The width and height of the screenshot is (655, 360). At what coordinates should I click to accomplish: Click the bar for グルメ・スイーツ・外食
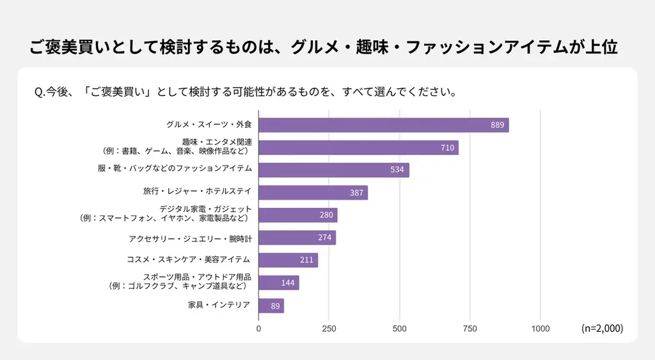[x=383, y=125]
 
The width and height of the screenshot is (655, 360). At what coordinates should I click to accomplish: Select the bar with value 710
[x=358, y=148]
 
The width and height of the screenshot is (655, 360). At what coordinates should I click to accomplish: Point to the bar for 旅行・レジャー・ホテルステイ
[x=313, y=192]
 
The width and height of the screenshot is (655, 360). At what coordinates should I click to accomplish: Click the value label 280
[x=326, y=215]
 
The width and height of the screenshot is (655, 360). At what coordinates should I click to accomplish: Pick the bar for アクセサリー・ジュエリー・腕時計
[x=297, y=238]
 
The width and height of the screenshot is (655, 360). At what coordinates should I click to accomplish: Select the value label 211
[x=306, y=260]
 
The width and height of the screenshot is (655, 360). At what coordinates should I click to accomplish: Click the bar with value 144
[x=278, y=283]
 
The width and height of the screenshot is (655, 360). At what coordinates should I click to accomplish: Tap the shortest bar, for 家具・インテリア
[x=271, y=306]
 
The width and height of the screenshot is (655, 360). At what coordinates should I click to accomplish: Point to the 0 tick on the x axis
[x=258, y=329]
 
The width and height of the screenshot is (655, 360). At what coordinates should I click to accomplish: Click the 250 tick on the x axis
[x=329, y=329]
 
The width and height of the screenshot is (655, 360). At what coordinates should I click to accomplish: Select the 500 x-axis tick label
[x=400, y=329]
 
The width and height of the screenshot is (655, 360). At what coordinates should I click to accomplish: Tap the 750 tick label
[x=470, y=329]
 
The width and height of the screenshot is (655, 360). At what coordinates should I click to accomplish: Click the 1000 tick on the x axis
[x=541, y=329]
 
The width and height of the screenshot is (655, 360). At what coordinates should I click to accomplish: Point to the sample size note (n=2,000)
[x=602, y=328]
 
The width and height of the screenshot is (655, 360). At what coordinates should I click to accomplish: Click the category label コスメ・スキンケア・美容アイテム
[x=189, y=260]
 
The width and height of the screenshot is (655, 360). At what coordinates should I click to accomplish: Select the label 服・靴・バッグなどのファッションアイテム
[x=175, y=168]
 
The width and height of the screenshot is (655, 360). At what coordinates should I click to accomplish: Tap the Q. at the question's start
[x=39, y=91]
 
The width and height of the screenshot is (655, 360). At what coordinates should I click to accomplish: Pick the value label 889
[x=498, y=125]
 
